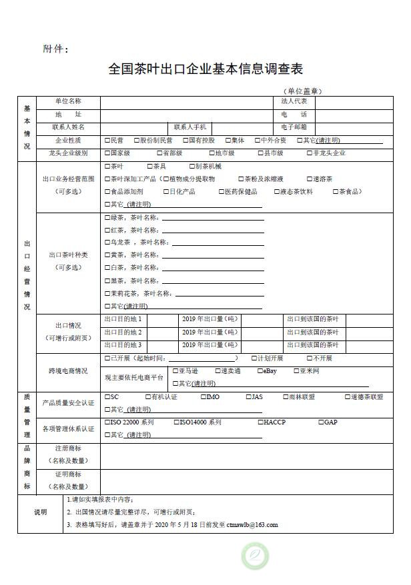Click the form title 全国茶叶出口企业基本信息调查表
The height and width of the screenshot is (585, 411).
(x=205, y=69)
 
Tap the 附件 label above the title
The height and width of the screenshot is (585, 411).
(x=55, y=49)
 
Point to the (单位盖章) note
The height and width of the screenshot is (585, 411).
(x=302, y=91)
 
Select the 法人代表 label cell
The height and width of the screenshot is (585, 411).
(x=294, y=101)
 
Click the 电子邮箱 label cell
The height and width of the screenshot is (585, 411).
(x=294, y=127)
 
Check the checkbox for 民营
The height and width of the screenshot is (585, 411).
(x=107, y=141)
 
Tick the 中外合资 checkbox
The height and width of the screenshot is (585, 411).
(x=257, y=141)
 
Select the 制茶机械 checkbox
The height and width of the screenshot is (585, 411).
(x=191, y=166)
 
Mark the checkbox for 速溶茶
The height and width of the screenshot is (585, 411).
(x=308, y=179)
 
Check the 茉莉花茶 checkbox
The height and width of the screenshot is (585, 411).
(x=107, y=293)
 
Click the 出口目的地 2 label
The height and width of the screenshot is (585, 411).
(x=123, y=332)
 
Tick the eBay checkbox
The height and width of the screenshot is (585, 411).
(x=259, y=370)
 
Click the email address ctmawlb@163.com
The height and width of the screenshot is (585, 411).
(x=252, y=525)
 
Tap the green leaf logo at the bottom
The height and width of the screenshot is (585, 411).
(x=254, y=556)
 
